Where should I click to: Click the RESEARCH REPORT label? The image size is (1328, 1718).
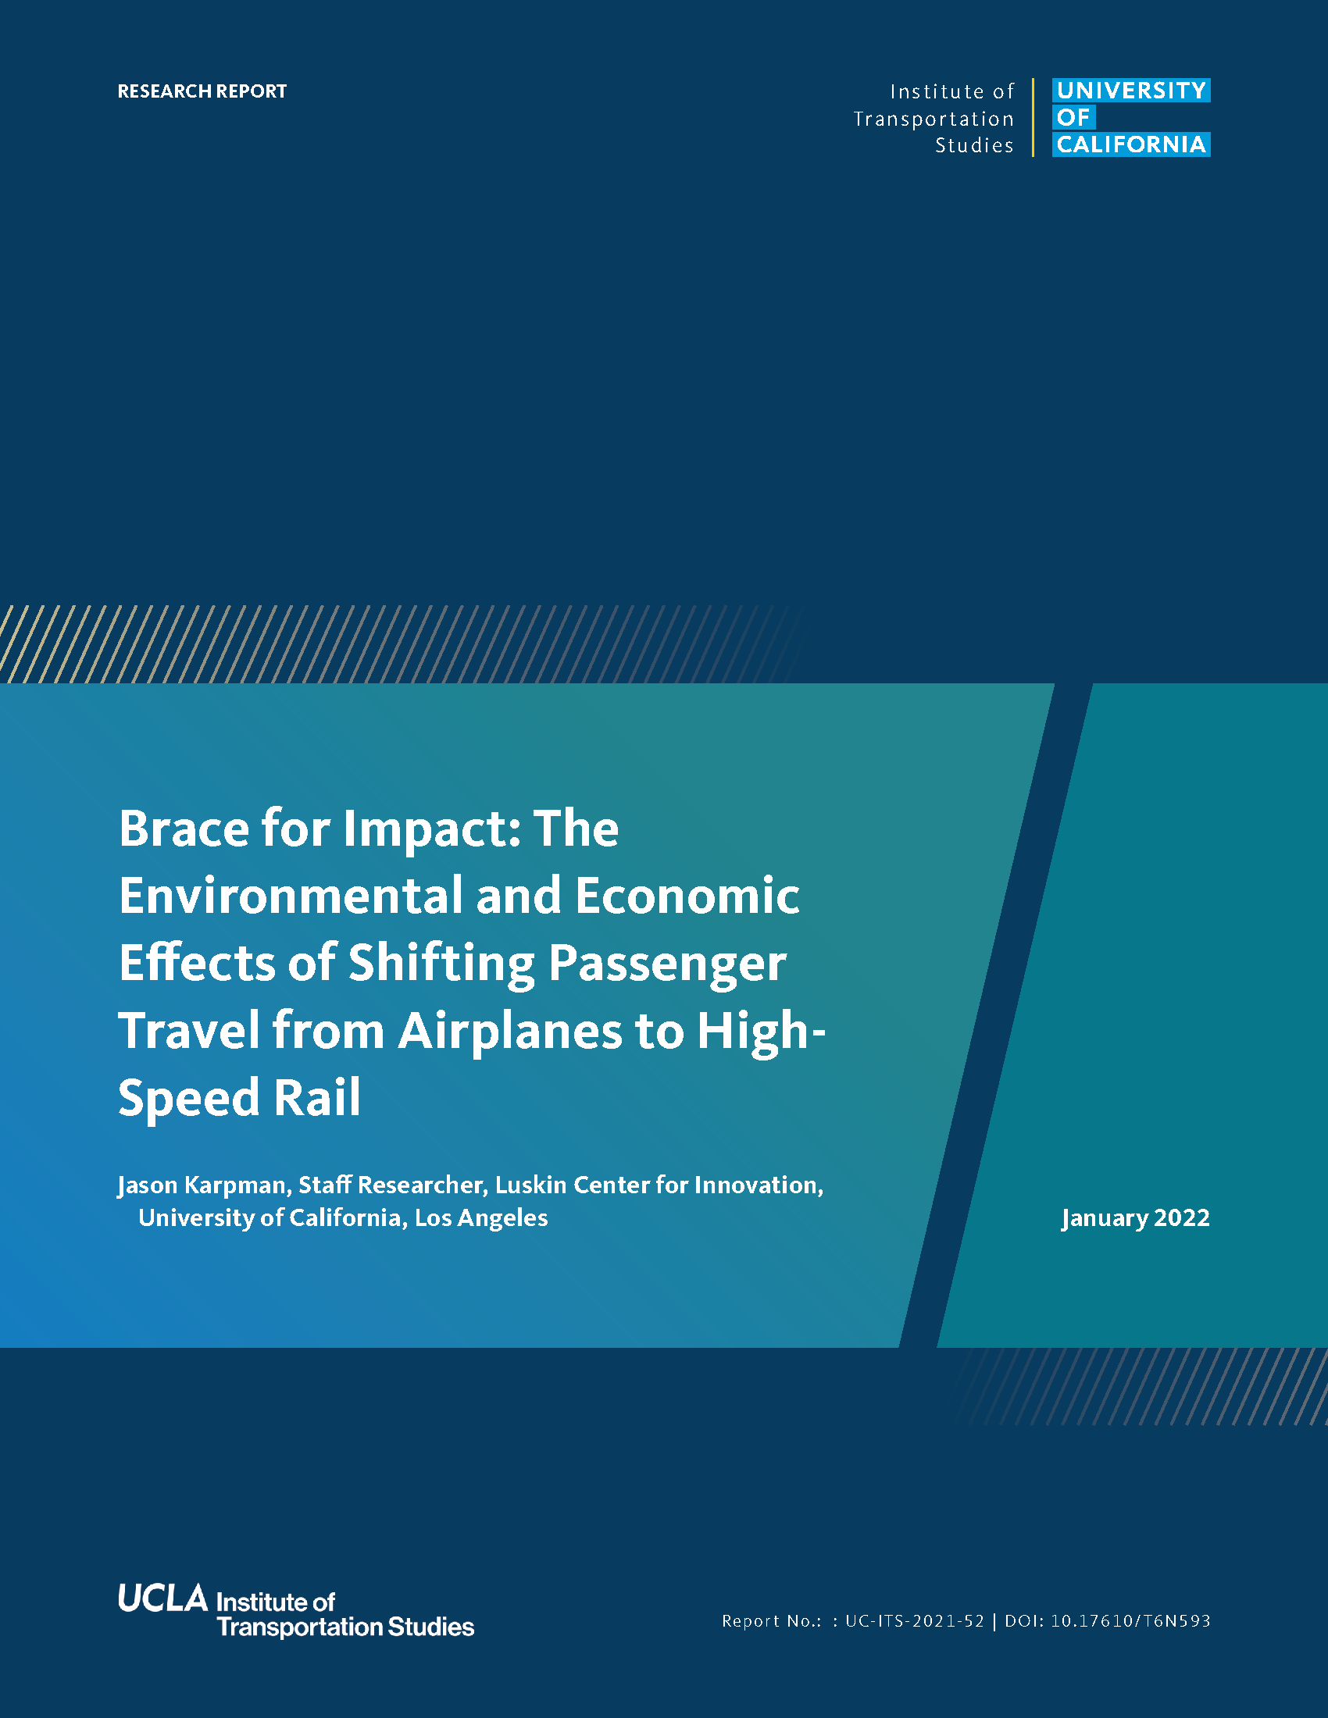point(202,91)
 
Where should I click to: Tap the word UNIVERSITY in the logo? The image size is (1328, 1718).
point(1131,91)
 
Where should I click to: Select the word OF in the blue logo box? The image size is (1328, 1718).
point(1074,117)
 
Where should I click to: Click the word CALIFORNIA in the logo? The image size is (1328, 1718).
point(1131,144)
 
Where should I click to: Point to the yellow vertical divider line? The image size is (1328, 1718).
point(1033,118)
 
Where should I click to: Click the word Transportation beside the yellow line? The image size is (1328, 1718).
point(934,119)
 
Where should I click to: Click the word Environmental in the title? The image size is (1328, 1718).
point(291,896)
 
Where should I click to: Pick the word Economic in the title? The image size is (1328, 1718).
point(687,896)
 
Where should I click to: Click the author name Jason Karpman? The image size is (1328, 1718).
point(202,1185)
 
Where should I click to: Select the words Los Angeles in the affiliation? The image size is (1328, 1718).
point(481,1218)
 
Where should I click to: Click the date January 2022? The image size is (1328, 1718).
point(1135,1218)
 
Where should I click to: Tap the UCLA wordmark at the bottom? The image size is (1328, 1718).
point(162,1598)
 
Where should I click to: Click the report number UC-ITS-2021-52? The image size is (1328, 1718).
point(914,1620)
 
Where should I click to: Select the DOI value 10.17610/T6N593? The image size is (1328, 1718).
point(1130,1620)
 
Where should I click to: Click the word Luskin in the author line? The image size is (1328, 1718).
point(530,1185)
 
